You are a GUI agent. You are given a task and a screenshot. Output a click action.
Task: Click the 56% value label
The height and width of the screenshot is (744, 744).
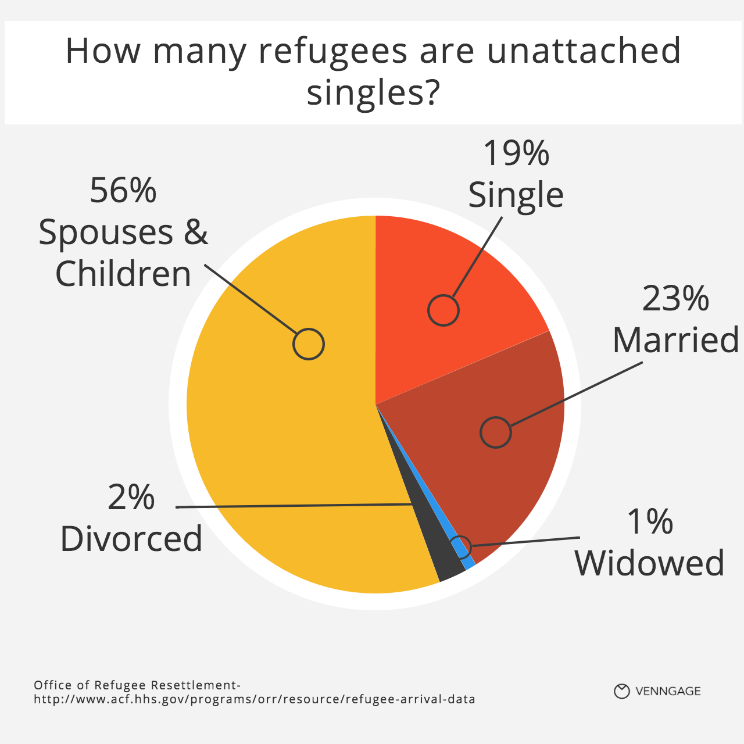coord(123,191)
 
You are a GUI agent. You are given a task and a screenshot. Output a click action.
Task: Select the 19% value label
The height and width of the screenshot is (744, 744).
coord(516,153)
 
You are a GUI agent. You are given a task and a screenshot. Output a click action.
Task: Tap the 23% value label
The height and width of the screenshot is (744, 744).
coord(675,299)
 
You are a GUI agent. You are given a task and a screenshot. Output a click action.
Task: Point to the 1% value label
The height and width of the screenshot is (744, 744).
coord(650,522)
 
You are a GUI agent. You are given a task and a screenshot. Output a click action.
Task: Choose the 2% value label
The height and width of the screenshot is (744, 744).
coord(131,498)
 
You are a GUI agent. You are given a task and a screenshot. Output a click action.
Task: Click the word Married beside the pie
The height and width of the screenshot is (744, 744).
coord(676,340)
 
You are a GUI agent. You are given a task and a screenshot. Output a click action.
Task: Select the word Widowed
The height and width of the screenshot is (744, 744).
coord(650,563)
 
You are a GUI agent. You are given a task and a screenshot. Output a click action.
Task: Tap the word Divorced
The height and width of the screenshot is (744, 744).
coord(131,539)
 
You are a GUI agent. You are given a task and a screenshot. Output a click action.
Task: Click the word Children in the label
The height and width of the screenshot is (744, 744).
coord(123,274)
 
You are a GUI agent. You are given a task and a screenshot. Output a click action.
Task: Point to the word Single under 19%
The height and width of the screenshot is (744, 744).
coord(516,195)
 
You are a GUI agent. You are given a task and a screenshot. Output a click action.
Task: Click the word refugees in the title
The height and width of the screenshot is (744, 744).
coord(333,51)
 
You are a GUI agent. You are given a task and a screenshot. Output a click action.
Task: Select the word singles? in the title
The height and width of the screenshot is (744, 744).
coord(372,92)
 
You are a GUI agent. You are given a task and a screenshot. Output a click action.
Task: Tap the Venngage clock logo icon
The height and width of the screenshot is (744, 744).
coord(622,691)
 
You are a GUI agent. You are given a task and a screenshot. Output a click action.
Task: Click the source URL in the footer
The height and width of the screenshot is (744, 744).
coord(255,699)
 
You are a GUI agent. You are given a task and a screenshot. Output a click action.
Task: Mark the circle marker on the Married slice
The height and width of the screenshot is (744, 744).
coord(496,432)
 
